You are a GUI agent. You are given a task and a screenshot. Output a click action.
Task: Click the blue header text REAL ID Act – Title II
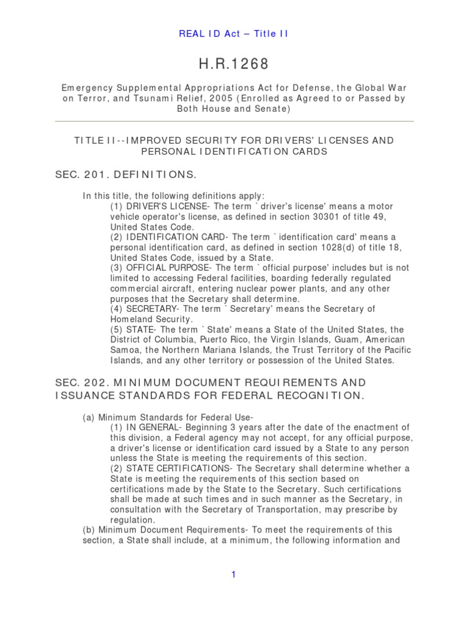[x=234, y=34]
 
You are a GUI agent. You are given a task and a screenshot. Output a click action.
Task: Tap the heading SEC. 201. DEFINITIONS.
[x=126, y=175]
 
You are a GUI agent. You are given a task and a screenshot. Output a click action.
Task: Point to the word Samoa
[x=124, y=350]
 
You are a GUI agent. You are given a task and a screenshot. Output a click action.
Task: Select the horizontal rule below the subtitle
[x=234, y=121]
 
